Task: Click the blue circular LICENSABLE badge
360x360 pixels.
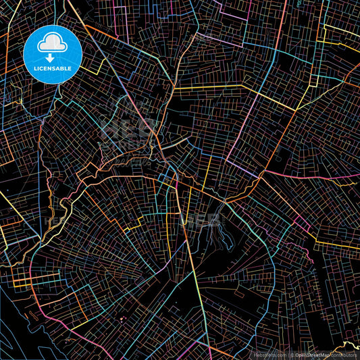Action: [53, 53]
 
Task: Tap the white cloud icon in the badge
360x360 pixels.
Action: [53, 43]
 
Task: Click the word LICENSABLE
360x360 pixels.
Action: [53, 68]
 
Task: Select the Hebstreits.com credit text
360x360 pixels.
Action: [269, 355]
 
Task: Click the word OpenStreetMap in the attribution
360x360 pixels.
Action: [313, 355]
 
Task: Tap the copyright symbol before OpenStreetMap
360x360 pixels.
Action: [292, 355]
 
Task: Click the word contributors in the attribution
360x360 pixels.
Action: [345, 355]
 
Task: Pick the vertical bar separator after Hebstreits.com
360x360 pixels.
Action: [286, 355]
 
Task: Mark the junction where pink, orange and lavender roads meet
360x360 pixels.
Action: [259, 174]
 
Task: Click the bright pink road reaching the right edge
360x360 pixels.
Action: [338, 181]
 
